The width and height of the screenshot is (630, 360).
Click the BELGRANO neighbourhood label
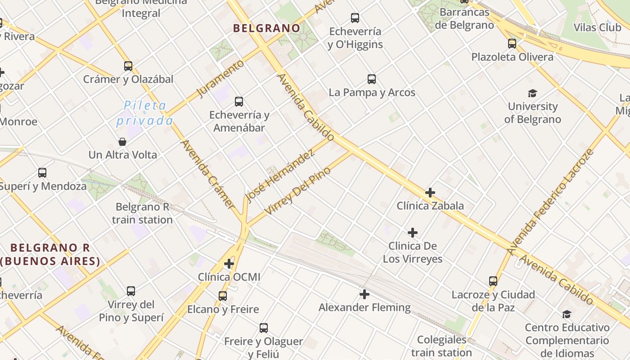266,28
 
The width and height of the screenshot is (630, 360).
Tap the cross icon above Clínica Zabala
430,193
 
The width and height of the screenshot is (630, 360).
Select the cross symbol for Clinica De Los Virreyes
412,233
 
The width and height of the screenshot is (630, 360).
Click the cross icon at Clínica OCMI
229,263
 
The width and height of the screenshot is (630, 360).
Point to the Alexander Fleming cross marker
364,295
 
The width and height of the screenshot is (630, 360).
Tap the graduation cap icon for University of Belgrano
532,94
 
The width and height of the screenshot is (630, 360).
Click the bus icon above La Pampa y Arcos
372,79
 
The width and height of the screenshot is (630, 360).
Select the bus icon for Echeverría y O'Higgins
355,18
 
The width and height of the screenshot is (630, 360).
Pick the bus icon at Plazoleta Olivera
512,44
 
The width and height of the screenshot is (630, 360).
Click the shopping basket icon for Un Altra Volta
122,142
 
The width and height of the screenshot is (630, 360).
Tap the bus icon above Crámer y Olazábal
128,66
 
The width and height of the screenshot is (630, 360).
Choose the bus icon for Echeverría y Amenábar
239,102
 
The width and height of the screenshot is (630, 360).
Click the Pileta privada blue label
144,113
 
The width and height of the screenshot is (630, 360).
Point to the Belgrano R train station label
142,213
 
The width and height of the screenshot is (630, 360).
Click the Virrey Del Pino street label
297,191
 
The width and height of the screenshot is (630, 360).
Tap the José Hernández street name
279,176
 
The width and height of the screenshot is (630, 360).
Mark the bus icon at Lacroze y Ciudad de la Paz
493,281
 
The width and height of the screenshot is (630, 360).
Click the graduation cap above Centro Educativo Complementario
567,314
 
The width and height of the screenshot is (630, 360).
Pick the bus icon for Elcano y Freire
223,296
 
